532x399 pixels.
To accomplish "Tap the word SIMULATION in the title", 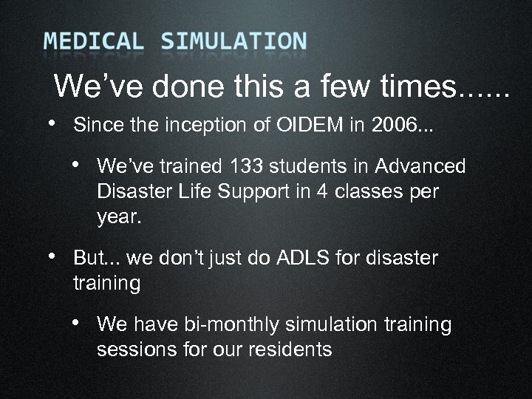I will [x=233, y=41].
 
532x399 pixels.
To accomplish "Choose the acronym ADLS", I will [x=301, y=259].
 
